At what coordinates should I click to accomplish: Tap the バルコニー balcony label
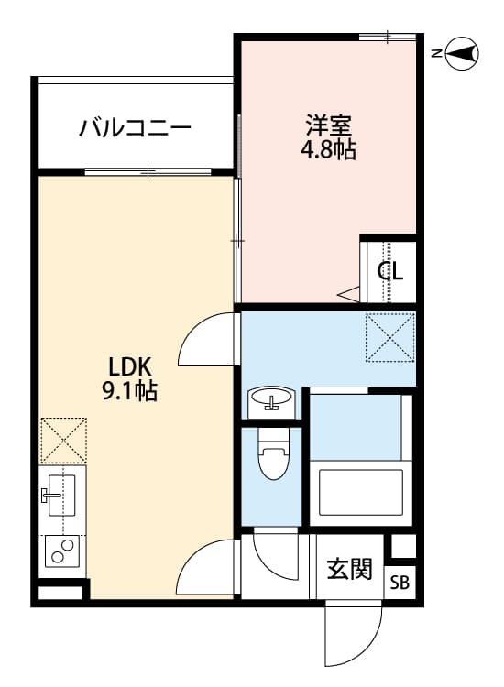tap(135, 127)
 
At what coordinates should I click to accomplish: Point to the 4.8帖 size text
tap(328, 150)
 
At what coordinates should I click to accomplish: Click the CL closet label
tap(390, 272)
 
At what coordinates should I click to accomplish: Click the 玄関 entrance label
tap(350, 569)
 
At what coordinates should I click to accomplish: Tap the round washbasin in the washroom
tap(271, 400)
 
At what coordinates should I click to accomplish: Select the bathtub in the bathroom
tap(359, 496)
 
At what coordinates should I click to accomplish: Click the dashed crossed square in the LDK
tap(63, 441)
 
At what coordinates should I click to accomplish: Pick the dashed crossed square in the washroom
tap(389, 337)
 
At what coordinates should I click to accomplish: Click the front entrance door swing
tap(354, 633)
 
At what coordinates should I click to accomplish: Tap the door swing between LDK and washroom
tap(207, 340)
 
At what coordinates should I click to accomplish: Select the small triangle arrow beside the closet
tap(347, 293)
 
